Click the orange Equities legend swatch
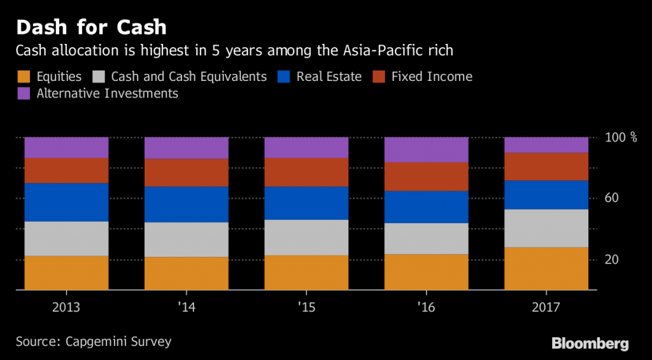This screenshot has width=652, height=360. pos(23,77)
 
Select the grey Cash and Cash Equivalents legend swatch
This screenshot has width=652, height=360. pos(99,77)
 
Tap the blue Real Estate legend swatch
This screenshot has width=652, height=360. pos(285,77)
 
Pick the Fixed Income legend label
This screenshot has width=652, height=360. pos(432,77)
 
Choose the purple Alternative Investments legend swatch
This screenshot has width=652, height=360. pos(23,94)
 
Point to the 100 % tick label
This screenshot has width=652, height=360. pos(620,138)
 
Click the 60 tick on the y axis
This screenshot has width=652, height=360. pos(611,198)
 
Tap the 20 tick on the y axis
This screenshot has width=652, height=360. pos(611,259)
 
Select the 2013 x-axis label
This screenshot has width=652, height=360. pos(66,307)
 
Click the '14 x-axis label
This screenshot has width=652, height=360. pos(186,307)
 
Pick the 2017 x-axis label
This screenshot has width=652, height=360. pos(546,307)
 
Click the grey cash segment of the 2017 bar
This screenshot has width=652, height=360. pos(546,228)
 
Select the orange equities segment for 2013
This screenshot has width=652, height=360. pos(66,273)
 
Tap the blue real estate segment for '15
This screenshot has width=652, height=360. pos(306,203)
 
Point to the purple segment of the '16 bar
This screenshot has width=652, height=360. pos(426,150)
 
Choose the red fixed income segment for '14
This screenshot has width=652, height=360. pos(186,173)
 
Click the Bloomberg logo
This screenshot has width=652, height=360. pos(590,344)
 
